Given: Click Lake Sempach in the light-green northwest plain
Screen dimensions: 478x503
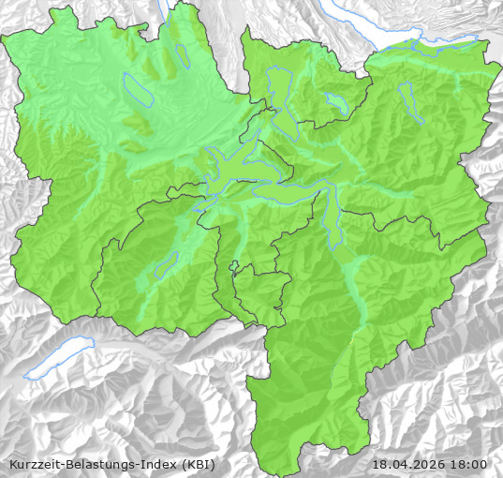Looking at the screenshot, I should point(138,89).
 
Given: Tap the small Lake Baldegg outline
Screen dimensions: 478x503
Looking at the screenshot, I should point(184,57).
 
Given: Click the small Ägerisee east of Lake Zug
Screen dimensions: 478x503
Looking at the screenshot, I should point(336,102).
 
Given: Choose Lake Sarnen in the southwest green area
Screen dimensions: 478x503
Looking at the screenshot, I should point(167,265).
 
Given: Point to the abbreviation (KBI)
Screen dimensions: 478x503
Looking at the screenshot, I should point(198,464).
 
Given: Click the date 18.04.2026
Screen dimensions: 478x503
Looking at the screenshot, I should point(408,464).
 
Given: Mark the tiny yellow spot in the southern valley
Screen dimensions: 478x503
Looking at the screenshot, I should point(349,345).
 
